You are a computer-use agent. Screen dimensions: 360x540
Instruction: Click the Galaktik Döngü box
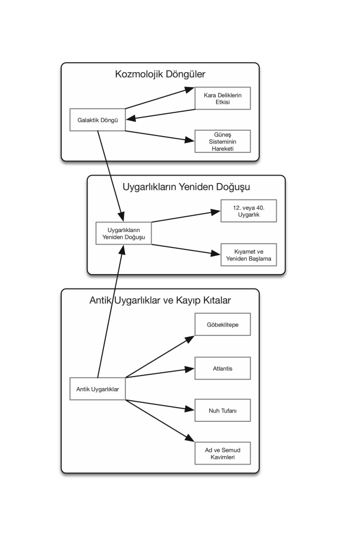pyautogui.click(x=98, y=120)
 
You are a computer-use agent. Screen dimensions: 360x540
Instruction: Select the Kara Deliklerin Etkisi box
pyautogui.click(x=222, y=99)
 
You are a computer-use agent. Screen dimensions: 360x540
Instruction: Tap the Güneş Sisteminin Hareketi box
pyautogui.click(x=222, y=141)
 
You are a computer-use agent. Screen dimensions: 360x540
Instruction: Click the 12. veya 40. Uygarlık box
pyautogui.click(x=248, y=211)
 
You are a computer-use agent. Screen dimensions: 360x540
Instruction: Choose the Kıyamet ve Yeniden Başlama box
pyautogui.click(x=248, y=255)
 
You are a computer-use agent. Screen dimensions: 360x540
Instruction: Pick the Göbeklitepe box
pyautogui.click(x=222, y=324)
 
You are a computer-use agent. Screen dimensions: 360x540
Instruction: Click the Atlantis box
pyautogui.click(x=222, y=368)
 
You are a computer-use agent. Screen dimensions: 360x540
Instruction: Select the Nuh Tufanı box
pyautogui.click(x=222, y=410)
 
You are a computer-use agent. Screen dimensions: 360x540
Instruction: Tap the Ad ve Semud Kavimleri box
pyautogui.click(x=222, y=453)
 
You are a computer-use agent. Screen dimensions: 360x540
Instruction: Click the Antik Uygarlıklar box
pyautogui.click(x=98, y=389)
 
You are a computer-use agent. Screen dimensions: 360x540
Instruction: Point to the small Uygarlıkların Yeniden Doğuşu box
pyautogui.click(x=123, y=234)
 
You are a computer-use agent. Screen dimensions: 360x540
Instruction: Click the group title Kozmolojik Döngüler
pyautogui.click(x=160, y=74)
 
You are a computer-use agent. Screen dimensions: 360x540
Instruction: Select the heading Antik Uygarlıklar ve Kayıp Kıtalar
pyautogui.click(x=160, y=300)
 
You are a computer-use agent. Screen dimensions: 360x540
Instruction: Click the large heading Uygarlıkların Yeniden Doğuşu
pyautogui.click(x=186, y=187)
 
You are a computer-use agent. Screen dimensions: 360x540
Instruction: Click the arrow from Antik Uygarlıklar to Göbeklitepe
pyautogui.click(x=160, y=357)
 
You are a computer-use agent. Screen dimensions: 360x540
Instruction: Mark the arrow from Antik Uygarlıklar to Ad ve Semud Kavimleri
pyautogui.click(x=160, y=421)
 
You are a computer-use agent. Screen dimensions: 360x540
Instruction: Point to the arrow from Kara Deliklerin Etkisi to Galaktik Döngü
pyautogui.click(x=160, y=114)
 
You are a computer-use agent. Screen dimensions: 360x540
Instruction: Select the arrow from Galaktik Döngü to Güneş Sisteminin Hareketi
pyautogui.click(x=160, y=136)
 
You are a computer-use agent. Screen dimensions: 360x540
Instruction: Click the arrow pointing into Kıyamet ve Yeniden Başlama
pyautogui.click(x=186, y=249)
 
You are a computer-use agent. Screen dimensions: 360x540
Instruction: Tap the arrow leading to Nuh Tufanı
pyautogui.click(x=160, y=405)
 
